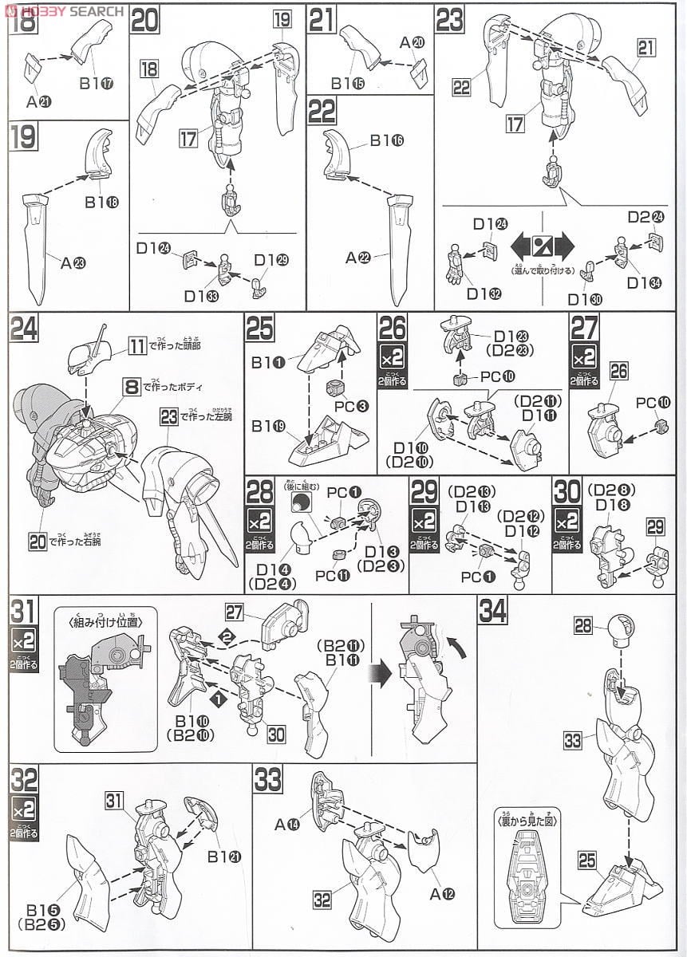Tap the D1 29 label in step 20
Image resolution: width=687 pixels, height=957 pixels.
(267, 260)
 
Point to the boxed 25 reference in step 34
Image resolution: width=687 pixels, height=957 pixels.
(586, 860)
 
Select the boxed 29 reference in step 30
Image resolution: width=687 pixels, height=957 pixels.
(655, 527)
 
